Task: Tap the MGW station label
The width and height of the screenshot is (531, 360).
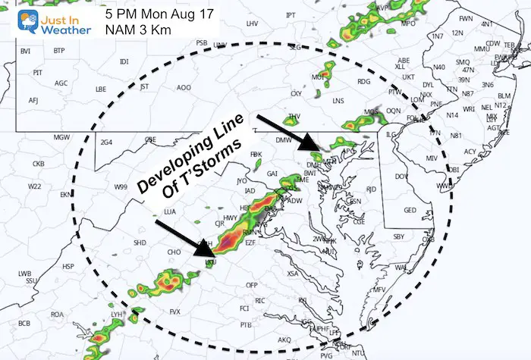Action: [61, 137]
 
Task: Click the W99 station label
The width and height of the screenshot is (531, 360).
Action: [121, 187]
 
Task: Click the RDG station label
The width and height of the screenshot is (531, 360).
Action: [364, 82]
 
